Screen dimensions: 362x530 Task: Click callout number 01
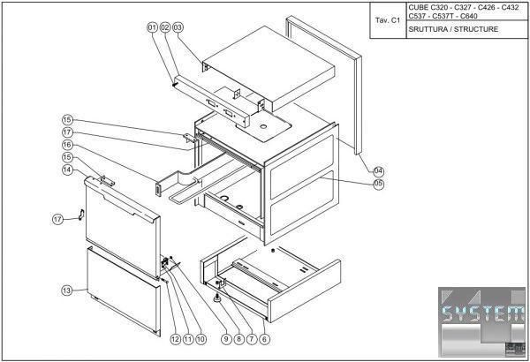(152, 27)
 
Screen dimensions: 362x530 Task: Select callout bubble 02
(164, 27)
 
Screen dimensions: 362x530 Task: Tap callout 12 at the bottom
(175, 338)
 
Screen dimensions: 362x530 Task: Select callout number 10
(201, 338)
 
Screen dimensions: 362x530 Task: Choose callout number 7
(253, 338)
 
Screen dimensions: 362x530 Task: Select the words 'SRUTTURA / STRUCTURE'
(453, 29)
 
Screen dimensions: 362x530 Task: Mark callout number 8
(239, 338)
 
